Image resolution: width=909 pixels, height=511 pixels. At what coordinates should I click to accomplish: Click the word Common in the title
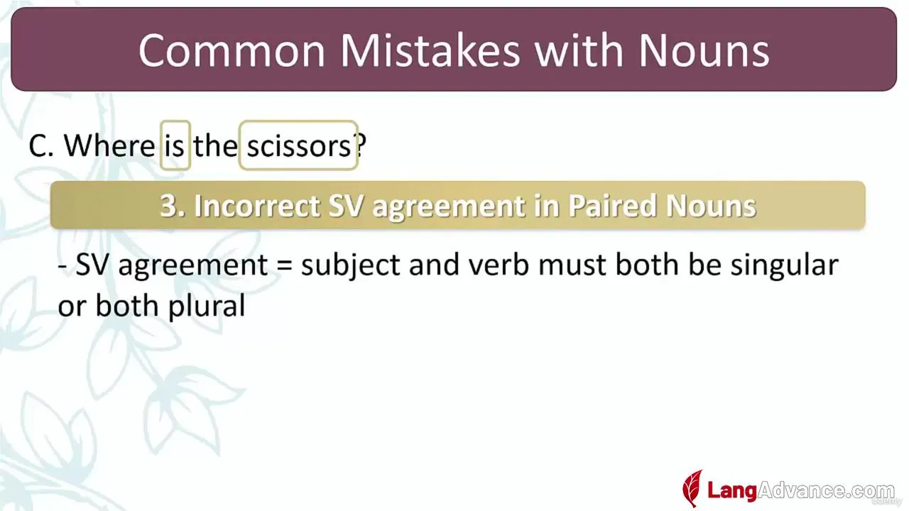pyautogui.click(x=232, y=50)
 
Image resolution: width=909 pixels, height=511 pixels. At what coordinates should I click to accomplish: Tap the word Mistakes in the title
pyautogui.click(x=430, y=50)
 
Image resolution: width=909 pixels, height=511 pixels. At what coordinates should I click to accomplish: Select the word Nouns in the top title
pyautogui.click(x=704, y=50)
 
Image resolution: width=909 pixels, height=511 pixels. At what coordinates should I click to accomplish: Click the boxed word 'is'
pyautogui.click(x=175, y=145)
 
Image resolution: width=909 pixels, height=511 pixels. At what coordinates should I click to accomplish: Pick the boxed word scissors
pyautogui.click(x=299, y=145)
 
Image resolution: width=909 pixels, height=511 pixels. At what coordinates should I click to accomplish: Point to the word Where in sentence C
pyautogui.click(x=109, y=145)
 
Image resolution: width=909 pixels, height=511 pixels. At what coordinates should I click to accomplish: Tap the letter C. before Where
pyautogui.click(x=41, y=145)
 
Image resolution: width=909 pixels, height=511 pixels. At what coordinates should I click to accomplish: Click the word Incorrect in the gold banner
pyautogui.click(x=257, y=206)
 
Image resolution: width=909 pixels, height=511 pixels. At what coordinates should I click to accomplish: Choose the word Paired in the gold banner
pyautogui.click(x=611, y=206)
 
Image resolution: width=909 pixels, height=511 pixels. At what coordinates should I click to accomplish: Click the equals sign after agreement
pyautogui.click(x=284, y=265)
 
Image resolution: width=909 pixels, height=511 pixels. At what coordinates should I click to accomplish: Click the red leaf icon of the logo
pyautogui.click(x=692, y=488)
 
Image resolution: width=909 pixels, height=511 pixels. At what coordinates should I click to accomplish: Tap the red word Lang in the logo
pyautogui.click(x=732, y=490)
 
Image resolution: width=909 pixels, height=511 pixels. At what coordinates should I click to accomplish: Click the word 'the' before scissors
pyautogui.click(x=215, y=145)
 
